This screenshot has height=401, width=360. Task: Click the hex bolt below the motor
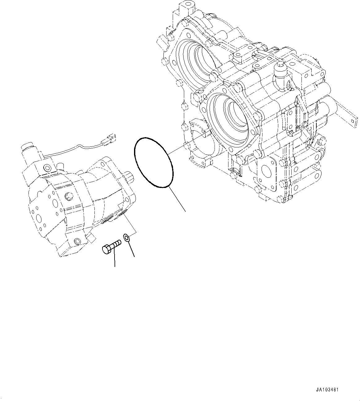coord(111,247)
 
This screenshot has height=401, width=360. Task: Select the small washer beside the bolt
coord(127,238)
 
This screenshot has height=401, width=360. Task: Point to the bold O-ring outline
coord(153,162)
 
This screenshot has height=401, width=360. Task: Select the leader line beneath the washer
coord(131,249)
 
